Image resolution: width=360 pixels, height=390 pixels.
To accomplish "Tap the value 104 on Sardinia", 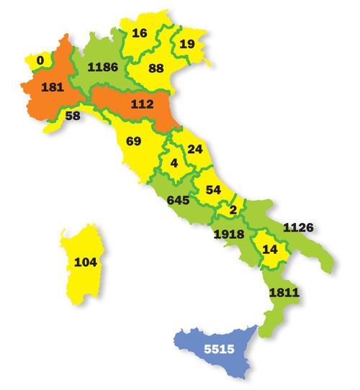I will click(x=85, y=263).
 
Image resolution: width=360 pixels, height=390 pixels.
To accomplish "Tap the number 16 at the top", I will click(x=140, y=32).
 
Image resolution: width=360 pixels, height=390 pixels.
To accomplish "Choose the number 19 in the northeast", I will click(x=187, y=44).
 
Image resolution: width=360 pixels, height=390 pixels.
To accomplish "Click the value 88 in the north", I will click(x=156, y=68).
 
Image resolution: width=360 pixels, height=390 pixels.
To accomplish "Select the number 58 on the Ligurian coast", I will click(x=72, y=115).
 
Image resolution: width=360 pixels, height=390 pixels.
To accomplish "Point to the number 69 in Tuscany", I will click(x=133, y=141).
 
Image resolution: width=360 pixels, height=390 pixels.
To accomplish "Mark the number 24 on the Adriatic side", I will click(x=194, y=150).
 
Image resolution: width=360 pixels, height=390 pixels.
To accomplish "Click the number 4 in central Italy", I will click(x=174, y=163).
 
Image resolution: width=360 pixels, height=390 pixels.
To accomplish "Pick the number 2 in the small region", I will click(x=233, y=209).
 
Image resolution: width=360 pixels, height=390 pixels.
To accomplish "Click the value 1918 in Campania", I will click(x=230, y=234).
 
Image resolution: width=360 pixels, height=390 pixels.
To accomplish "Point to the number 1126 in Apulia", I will click(x=297, y=227).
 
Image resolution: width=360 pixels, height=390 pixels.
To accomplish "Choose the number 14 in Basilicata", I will click(x=270, y=250).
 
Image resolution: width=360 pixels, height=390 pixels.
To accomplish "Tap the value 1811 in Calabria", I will click(x=282, y=293).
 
